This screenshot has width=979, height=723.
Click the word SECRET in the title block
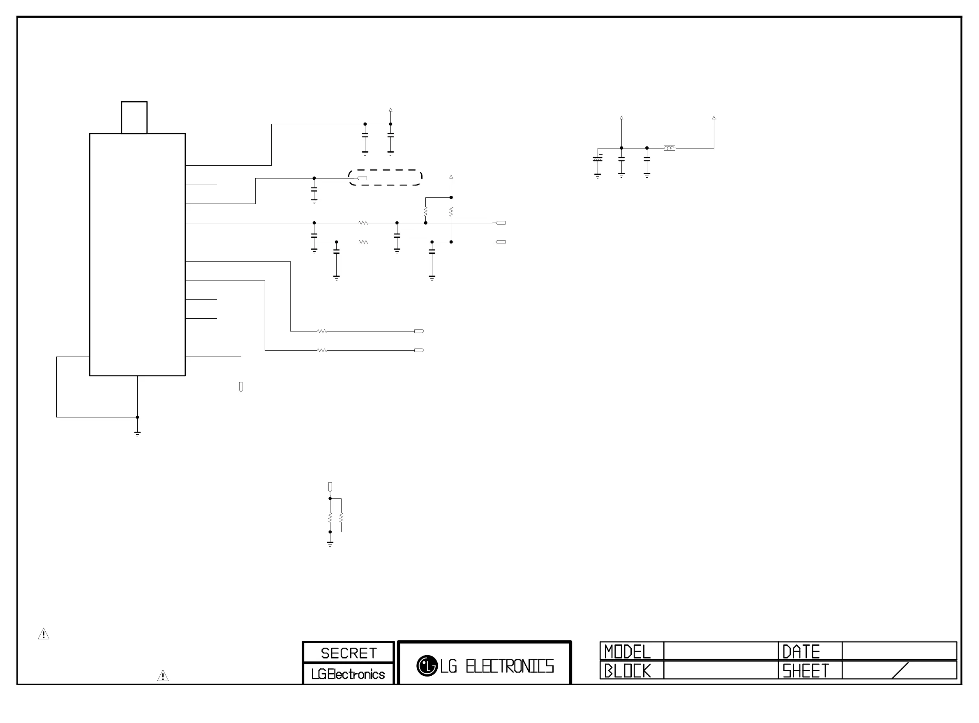pos(349,653)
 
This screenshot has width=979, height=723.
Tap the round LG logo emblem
pos(427,666)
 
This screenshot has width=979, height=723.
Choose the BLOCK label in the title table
pos(628,670)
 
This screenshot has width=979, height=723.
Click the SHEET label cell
pos(806,670)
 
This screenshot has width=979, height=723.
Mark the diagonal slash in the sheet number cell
pos(900,670)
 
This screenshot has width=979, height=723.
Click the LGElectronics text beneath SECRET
pos(348,674)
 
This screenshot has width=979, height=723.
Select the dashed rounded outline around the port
pos(385,170)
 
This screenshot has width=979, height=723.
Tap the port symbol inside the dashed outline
pos(362,178)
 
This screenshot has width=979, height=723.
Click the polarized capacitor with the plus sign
pos(597,158)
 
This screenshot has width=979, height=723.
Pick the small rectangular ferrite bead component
pos(669,148)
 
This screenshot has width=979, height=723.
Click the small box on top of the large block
pos(134,117)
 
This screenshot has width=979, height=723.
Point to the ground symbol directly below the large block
pos(137,434)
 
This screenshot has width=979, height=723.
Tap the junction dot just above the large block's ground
pos(137,417)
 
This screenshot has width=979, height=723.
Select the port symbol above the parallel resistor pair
pos(330,486)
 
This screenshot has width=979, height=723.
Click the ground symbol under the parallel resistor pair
pos(330,544)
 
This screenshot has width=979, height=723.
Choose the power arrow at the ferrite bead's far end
pos(713,118)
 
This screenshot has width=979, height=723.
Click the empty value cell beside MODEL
pos(720,651)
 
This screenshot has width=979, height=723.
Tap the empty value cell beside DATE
pos(899,651)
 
